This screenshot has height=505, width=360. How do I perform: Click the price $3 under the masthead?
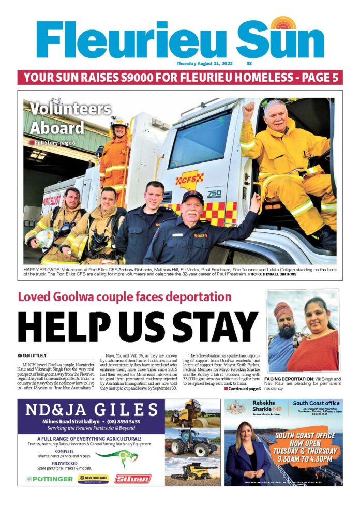pos(249,64)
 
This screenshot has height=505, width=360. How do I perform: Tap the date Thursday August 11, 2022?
pos(204,64)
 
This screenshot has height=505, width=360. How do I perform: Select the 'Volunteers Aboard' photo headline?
pos(70,118)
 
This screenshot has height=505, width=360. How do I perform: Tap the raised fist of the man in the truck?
pos(249,110)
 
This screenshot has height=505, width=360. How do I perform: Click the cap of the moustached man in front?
pos(192,197)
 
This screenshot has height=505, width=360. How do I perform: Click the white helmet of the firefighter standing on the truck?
pos(119,122)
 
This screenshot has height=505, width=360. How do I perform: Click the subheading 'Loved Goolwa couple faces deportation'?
pos(124,297)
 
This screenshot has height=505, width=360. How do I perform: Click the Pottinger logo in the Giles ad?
pos(46,479)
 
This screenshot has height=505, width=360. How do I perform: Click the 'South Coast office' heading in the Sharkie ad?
pos(316,403)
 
